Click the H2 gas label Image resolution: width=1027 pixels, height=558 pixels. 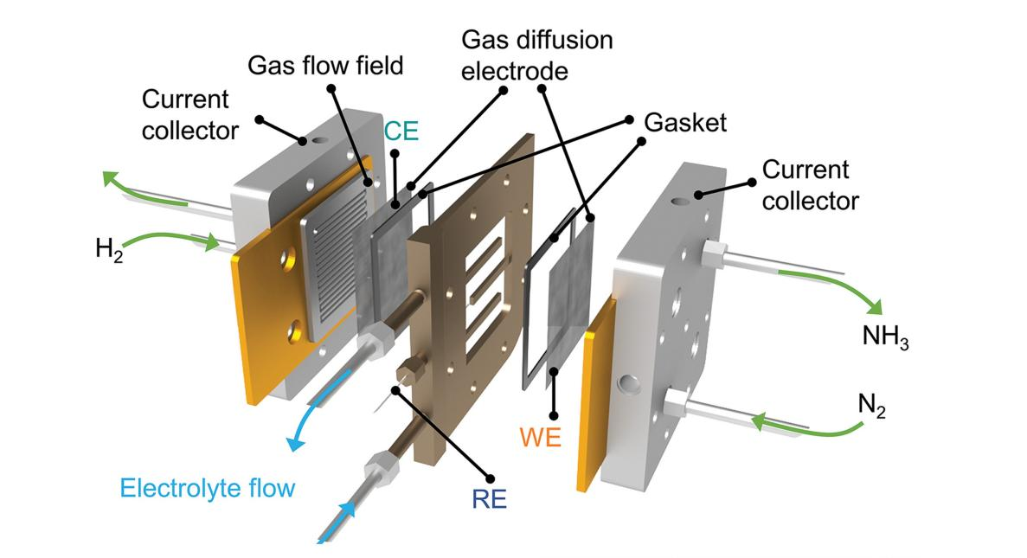[111, 250]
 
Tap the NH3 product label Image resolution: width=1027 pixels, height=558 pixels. [884, 337]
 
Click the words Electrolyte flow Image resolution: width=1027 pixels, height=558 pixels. [207, 488]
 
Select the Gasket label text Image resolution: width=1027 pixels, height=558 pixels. [684, 122]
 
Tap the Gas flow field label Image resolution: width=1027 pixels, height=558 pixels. [324, 66]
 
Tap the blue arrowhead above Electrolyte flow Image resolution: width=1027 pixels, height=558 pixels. [296, 443]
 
